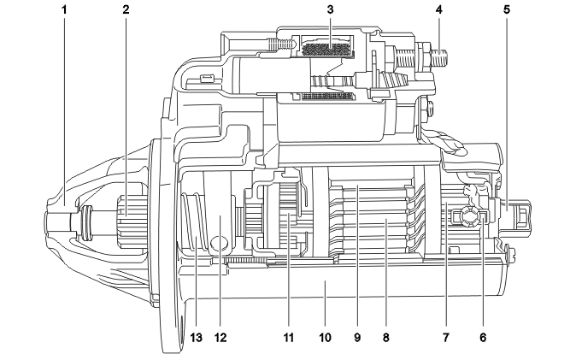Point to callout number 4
click(438, 12)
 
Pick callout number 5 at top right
click(508, 12)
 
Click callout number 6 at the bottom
click(484, 339)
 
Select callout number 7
click(445, 339)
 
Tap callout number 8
click(386, 339)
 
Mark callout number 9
click(357, 339)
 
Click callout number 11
click(289, 339)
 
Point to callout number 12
click(221, 339)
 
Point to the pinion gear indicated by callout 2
click(126, 209)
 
